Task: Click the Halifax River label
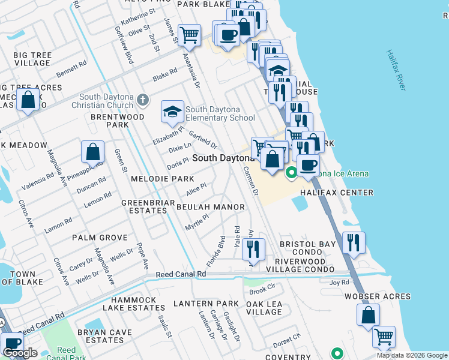click(x=396, y=70)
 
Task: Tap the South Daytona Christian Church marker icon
click(x=142, y=98)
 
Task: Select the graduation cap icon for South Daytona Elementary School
click(x=172, y=111)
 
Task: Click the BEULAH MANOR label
click(x=210, y=207)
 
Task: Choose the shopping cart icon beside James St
click(x=189, y=35)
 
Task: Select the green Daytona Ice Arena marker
click(x=292, y=174)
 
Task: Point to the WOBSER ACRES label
click(x=378, y=296)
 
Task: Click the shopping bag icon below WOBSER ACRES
click(x=368, y=314)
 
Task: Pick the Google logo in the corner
click(x=20, y=353)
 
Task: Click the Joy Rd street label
click(x=339, y=281)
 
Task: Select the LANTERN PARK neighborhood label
click(x=202, y=304)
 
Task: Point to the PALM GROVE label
click(x=100, y=238)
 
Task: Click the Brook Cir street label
click(x=262, y=292)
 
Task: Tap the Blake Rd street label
click(x=164, y=74)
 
